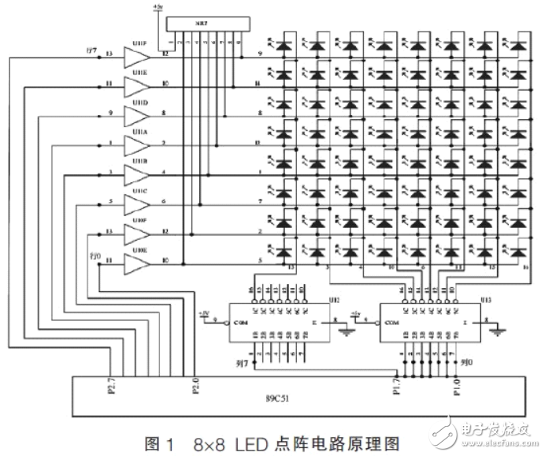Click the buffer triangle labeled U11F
coord(135,56)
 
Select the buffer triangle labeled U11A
coord(135,145)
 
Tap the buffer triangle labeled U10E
coord(135,264)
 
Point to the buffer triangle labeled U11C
coord(135,204)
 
